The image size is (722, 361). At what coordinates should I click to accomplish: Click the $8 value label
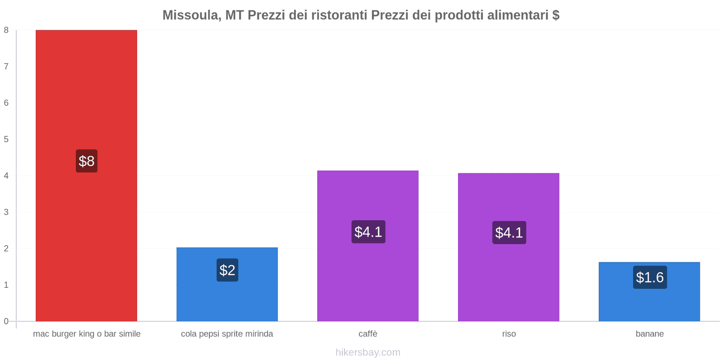pyautogui.click(x=87, y=161)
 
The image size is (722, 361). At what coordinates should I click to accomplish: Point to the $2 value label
pyautogui.click(x=227, y=270)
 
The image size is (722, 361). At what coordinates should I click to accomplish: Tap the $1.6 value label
pyautogui.click(x=650, y=277)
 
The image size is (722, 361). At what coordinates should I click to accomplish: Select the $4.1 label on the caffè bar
pyautogui.click(x=368, y=232)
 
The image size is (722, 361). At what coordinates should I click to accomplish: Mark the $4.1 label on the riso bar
pyautogui.click(x=509, y=232)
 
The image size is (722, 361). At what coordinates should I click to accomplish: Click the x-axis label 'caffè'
pyautogui.click(x=368, y=334)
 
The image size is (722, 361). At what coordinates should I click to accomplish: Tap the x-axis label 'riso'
pyautogui.click(x=509, y=334)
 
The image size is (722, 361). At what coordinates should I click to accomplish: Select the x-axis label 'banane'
pyautogui.click(x=649, y=334)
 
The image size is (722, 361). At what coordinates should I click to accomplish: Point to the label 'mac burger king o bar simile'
pyautogui.click(x=87, y=334)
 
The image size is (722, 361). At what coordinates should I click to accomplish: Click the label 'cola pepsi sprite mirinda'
pyautogui.click(x=227, y=334)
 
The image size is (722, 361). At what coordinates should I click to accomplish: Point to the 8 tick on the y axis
pyautogui.click(x=6, y=30)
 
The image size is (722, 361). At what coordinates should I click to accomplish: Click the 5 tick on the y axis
pyautogui.click(x=6, y=139)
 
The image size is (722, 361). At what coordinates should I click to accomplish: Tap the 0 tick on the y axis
pyautogui.click(x=6, y=321)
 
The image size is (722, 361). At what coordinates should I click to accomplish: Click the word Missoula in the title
pyautogui.click(x=190, y=15)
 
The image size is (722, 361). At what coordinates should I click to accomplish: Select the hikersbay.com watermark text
pyautogui.click(x=368, y=352)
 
